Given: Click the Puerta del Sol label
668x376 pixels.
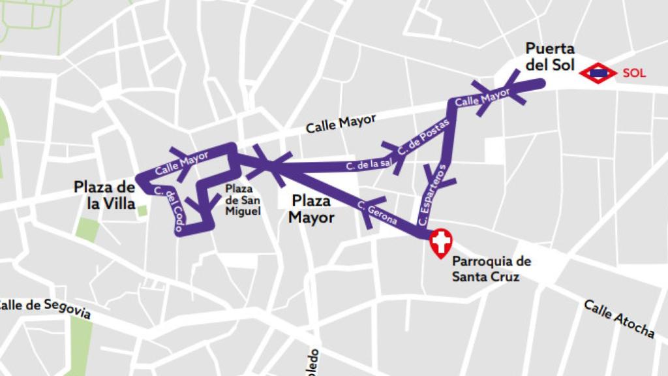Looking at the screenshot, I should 550,57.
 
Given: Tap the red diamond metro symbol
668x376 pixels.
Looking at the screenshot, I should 598,73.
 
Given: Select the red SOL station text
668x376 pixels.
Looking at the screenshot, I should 633,73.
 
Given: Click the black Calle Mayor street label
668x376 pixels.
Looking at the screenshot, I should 341,123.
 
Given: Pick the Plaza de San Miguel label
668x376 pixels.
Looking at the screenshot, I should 243,200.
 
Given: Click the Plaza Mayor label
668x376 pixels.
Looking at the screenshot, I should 311,209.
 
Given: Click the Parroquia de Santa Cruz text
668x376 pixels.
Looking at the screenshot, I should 491,269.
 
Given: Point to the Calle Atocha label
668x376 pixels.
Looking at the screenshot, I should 618,319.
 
